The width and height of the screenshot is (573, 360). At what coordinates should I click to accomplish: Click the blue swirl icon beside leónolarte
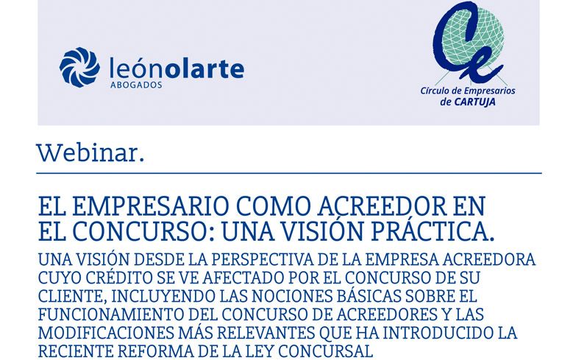(79, 67)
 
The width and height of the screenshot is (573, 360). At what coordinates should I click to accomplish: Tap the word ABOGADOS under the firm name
(136, 85)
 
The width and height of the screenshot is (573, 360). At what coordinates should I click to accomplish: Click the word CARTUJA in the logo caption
(474, 102)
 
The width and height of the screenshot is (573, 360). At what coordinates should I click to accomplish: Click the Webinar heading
(90, 152)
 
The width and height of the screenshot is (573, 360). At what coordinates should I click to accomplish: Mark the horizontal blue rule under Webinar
(288, 173)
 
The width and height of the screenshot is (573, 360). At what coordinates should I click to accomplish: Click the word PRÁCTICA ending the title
(433, 231)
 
